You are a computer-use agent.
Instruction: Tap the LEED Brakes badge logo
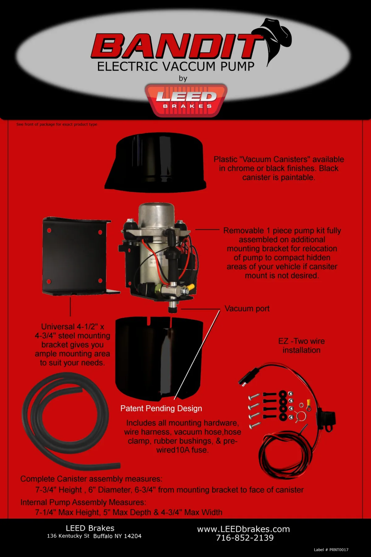(x=186, y=100)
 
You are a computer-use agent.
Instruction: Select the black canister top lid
(x=156, y=162)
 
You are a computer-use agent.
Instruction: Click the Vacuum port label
(x=247, y=309)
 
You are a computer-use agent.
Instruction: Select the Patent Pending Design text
(x=161, y=408)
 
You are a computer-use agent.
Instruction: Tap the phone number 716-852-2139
(x=245, y=538)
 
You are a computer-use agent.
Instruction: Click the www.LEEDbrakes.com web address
(x=243, y=529)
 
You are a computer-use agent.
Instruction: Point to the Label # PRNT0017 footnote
(x=331, y=550)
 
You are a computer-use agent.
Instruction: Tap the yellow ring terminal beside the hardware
(x=308, y=403)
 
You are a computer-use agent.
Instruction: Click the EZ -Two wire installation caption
(x=301, y=346)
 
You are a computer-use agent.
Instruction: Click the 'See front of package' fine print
(x=57, y=124)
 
